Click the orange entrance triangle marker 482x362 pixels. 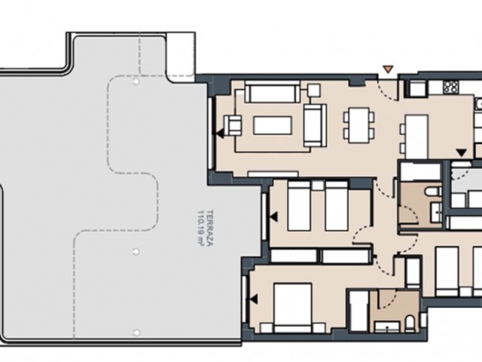click(389, 69)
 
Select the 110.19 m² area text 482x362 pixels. click(201, 228)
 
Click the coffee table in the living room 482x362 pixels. click(273, 125)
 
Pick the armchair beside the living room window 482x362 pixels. click(233, 125)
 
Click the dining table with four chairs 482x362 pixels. click(358, 125)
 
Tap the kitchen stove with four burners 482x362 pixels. click(450, 87)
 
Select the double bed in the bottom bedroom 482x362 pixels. click(293, 308)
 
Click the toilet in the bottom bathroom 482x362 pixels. click(410, 324)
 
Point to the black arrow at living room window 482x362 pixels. click(219, 134)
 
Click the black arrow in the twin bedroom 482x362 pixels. click(273, 216)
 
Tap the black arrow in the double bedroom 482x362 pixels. click(254, 299)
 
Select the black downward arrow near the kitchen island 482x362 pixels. click(462, 152)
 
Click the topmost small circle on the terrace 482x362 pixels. click(136, 81)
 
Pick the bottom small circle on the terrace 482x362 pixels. click(136, 333)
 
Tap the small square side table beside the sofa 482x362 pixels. click(313, 90)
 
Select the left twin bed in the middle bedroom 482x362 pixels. click(299, 206)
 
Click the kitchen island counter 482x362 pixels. click(416, 137)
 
